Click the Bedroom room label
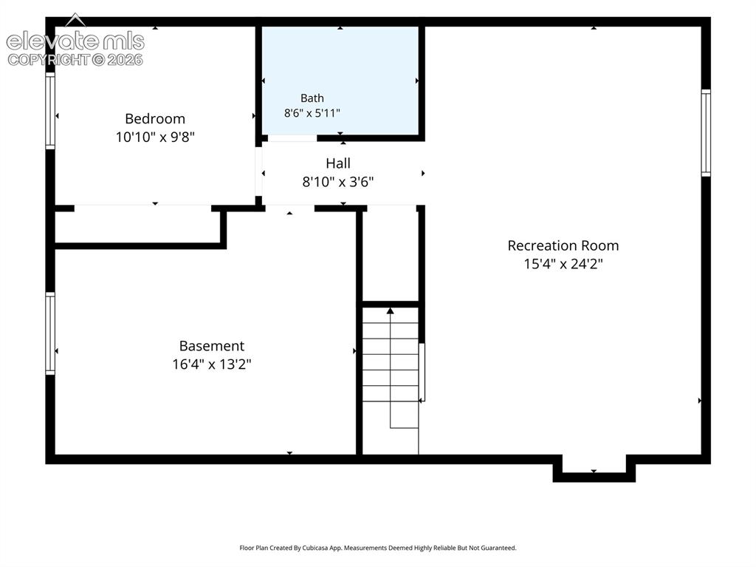click(155, 119)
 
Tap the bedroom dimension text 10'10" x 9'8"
click(155, 137)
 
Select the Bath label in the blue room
click(312, 98)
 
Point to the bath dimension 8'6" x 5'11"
click(312, 113)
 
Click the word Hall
click(338, 163)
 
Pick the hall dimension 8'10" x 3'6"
click(338, 182)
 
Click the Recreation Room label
click(563, 245)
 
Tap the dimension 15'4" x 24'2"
click(563, 264)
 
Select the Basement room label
click(212, 346)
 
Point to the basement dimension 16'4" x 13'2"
click(212, 364)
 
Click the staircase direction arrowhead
click(390, 310)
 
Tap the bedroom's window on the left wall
click(50, 111)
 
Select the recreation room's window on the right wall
click(706, 133)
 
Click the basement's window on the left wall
click(50, 333)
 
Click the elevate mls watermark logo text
click(75, 41)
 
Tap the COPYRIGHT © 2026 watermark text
click(75, 60)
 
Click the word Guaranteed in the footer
click(498, 548)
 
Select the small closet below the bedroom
click(138, 226)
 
